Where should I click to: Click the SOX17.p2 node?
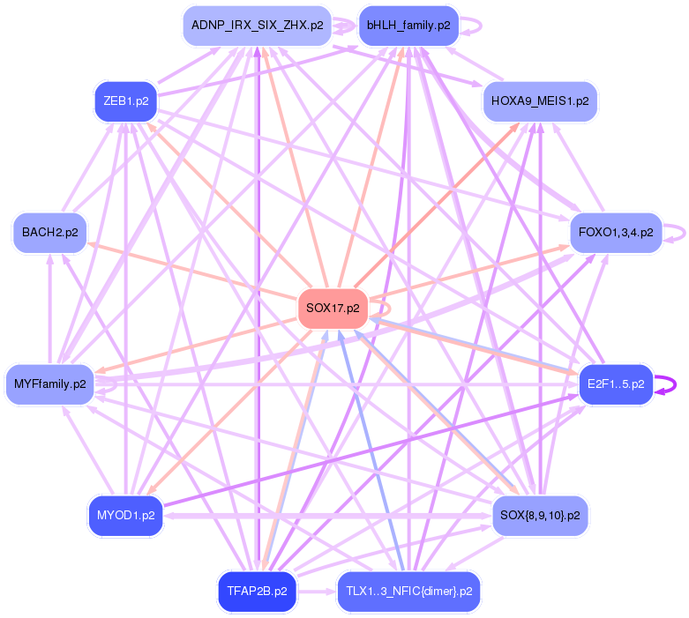333,309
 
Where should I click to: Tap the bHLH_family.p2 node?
408,26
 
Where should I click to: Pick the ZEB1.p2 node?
125,101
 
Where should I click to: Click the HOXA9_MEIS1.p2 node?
541,101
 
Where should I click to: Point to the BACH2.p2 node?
49,233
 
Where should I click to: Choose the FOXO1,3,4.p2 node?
616,233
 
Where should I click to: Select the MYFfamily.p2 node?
50,384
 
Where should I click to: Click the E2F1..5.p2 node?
616,384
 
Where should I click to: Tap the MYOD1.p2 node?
125,515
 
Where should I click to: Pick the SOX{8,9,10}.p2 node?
540,515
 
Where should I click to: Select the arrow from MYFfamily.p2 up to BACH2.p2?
50,309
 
